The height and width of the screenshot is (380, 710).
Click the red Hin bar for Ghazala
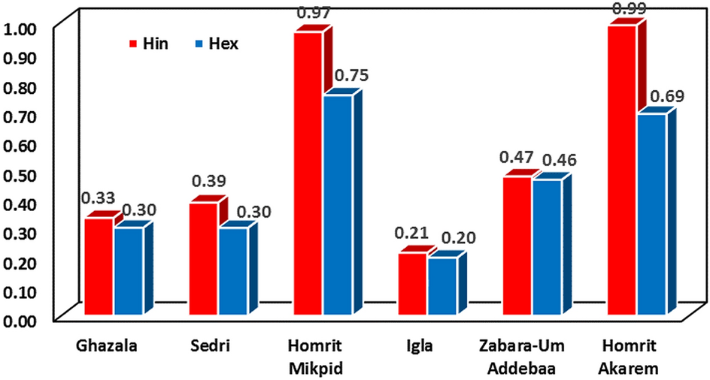(99, 266)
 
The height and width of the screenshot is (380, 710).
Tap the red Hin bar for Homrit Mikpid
(308, 173)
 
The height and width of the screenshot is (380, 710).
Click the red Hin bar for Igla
(413, 283)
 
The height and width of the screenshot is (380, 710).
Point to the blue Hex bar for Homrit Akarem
(652, 213)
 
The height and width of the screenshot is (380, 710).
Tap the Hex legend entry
(217, 44)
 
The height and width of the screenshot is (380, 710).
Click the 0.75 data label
(350, 76)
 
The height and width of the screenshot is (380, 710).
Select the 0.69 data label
(665, 95)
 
